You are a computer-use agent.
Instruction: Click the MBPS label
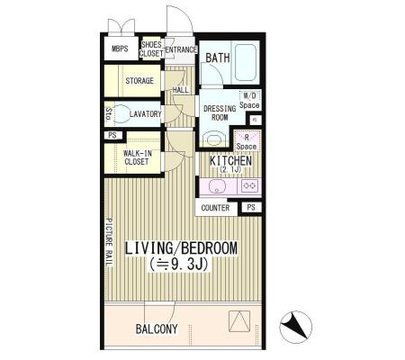click(x=120, y=49)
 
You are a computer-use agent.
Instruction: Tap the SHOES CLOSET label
click(x=151, y=49)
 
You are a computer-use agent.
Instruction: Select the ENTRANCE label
click(x=181, y=49)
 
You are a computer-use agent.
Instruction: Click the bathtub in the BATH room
click(x=246, y=63)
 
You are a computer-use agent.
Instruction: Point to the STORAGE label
click(x=139, y=81)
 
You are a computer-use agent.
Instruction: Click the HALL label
click(x=181, y=90)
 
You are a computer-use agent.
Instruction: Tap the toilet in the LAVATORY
click(x=121, y=113)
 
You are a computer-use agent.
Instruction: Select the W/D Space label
click(x=249, y=101)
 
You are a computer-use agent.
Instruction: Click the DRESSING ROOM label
click(x=220, y=113)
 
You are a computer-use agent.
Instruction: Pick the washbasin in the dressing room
click(x=213, y=139)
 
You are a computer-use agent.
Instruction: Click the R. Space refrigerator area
click(x=247, y=141)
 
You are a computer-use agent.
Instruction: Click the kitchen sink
click(x=216, y=186)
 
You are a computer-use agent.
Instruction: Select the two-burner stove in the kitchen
click(x=249, y=186)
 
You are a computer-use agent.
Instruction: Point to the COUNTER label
click(x=215, y=208)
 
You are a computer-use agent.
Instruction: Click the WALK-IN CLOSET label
click(x=138, y=157)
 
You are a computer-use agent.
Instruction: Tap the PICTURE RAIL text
click(x=109, y=242)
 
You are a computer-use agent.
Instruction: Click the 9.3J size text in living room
click(x=179, y=265)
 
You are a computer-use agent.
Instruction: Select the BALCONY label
click(x=157, y=328)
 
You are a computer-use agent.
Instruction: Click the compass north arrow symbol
click(x=296, y=327)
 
